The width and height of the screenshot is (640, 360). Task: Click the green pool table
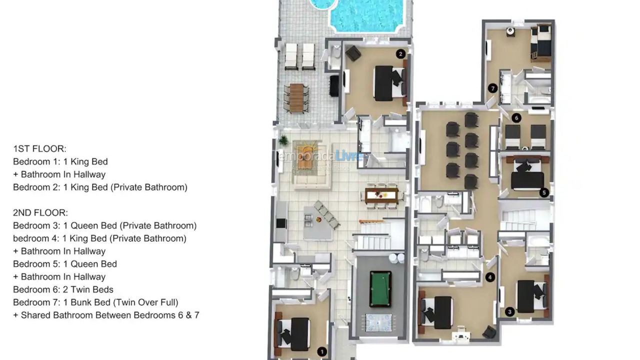pyautogui.click(x=380, y=288)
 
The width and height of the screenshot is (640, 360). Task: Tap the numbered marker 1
pyautogui.click(x=322, y=352)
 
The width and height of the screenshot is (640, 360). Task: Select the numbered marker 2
pyautogui.click(x=400, y=54)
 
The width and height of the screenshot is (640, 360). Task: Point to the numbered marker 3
pyautogui.click(x=509, y=312)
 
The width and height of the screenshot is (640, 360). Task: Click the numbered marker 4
pyautogui.click(x=490, y=277)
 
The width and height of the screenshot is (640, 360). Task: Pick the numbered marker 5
pyautogui.click(x=544, y=192)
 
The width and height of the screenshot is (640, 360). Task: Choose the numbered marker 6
pyautogui.click(x=516, y=118)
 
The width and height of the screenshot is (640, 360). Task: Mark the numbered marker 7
pyautogui.click(x=493, y=88)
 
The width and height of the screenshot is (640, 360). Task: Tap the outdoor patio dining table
pyautogui.click(x=296, y=98)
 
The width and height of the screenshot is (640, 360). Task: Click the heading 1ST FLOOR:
pyautogui.click(x=39, y=149)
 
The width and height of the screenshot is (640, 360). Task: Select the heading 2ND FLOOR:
pyautogui.click(x=40, y=213)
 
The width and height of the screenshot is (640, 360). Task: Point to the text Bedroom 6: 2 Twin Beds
pyautogui.click(x=63, y=289)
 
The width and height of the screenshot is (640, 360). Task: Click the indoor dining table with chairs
pyautogui.click(x=381, y=195)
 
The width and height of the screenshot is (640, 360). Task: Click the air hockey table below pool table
pyautogui.click(x=379, y=322)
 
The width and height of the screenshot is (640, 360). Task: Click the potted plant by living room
pyautogui.click(x=283, y=140)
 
